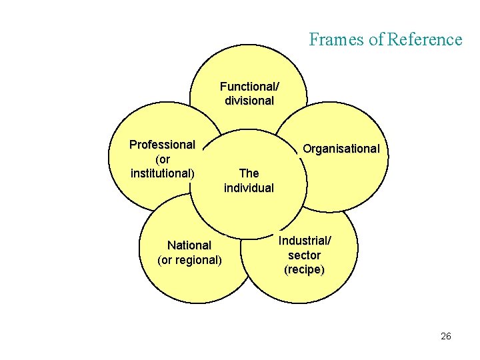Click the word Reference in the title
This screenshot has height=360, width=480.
pyautogui.click(x=425, y=39)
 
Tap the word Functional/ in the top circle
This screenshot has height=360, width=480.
pyautogui.click(x=249, y=87)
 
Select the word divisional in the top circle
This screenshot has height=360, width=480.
pyautogui.click(x=249, y=101)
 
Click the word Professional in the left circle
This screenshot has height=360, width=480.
pyautogui.click(x=162, y=145)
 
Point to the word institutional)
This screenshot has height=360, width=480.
pyautogui.click(x=163, y=174)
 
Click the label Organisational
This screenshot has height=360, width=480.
pyautogui.click(x=341, y=149)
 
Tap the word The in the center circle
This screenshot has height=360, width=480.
pyautogui.click(x=249, y=173)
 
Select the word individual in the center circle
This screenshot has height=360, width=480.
pyautogui.click(x=249, y=188)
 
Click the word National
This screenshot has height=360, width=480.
pyautogui.click(x=189, y=245)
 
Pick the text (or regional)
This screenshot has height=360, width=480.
pyautogui.click(x=189, y=260)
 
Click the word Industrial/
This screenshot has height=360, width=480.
pyautogui.click(x=305, y=241)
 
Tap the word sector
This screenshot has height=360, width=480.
pyautogui.click(x=305, y=255)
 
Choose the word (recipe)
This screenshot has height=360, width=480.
pyautogui.click(x=305, y=270)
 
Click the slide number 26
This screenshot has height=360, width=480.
pyautogui.click(x=446, y=336)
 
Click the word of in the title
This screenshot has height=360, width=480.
pyautogui.click(x=376, y=39)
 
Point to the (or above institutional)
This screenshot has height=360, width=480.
pyautogui.click(x=162, y=159)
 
